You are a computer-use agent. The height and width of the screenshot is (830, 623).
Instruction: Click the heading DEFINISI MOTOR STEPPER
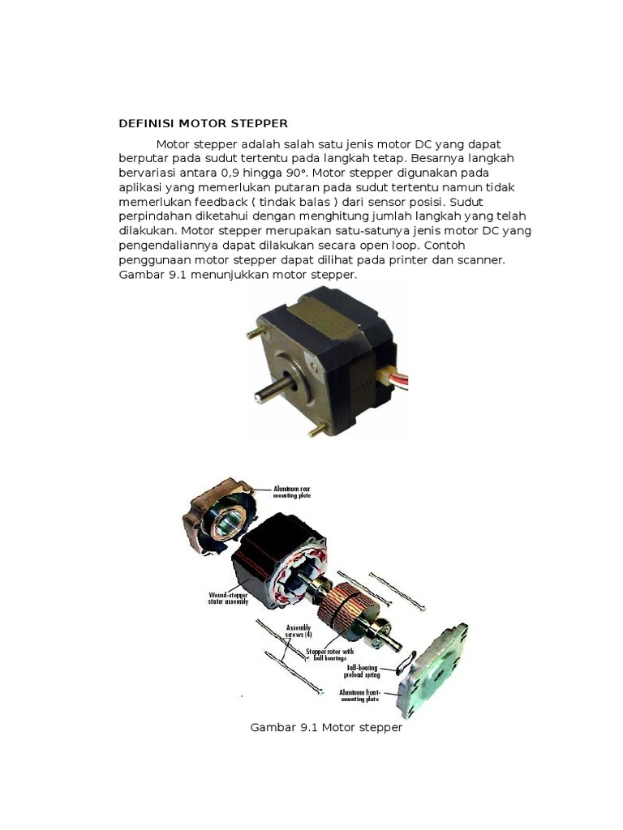tap(203, 124)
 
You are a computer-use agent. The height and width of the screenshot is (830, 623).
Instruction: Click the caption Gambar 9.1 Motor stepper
tap(326, 728)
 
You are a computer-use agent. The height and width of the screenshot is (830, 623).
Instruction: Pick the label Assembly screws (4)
tap(299, 631)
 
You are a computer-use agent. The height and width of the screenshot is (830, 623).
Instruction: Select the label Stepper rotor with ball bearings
tap(329, 654)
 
